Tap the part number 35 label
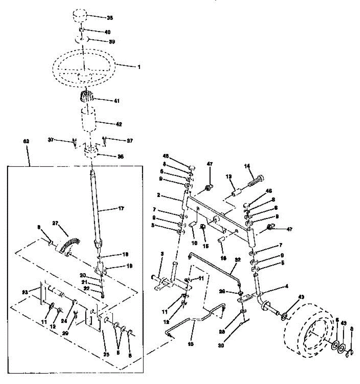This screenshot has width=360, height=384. (110, 18)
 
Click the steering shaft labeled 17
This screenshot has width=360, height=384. (95, 205)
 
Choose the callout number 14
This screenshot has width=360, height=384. (247, 166)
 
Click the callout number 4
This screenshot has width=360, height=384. (286, 287)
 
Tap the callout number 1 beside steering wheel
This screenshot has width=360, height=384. (139, 68)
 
